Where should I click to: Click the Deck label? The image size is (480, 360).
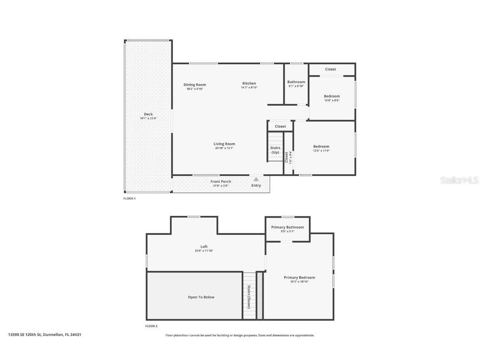click(148, 114)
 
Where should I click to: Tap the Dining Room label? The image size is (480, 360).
click(195, 85)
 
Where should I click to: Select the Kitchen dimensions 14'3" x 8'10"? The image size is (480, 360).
click(249, 87)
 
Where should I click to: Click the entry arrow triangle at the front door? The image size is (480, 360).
click(256, 179)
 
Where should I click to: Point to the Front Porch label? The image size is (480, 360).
click(220, 182)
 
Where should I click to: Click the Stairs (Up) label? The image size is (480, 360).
click(275, 150)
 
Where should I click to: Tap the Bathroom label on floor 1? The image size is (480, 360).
click(296, 82)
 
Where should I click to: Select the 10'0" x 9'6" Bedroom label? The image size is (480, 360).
click(332, 96)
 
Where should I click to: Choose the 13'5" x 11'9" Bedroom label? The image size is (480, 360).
click(321, 146)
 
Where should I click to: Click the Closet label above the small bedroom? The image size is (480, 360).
click(330, 69)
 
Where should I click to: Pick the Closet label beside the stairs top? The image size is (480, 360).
click(280, 126)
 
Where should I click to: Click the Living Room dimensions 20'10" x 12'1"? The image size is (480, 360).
click(224, 148)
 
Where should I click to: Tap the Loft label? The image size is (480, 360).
click(204, 247)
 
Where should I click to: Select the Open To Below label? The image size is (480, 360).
click(201, 297)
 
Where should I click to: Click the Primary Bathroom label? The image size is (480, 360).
click(287, 227)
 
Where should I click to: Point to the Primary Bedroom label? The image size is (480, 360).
click(299, 277)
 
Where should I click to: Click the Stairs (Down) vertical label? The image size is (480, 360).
click(249, 297)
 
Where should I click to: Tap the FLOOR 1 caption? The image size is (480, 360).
click(129, 199)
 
